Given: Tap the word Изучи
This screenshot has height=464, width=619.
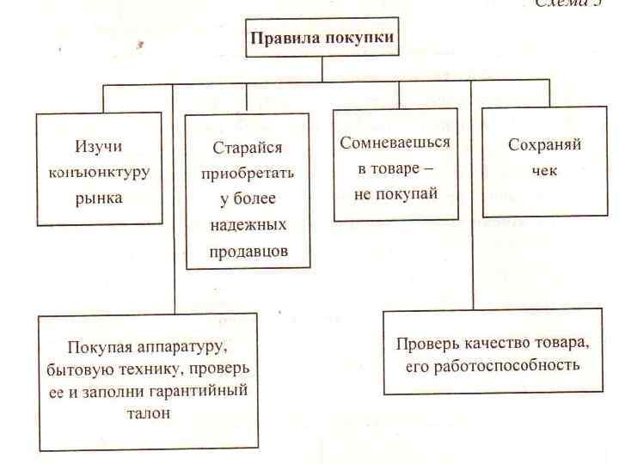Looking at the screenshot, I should [x=103, y=146].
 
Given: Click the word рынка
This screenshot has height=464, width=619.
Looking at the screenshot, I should [x=102, y=198].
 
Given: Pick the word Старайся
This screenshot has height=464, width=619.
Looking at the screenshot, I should [x=248, y=147].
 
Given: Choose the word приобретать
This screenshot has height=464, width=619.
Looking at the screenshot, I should [x=248, y=173].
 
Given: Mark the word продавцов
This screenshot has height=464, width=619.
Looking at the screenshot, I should [x=248, y=251].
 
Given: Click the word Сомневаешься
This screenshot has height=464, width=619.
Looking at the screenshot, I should [x=395, y=142].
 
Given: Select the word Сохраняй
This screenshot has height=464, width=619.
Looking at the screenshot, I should [x=544, y=144].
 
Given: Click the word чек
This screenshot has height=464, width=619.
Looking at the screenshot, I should [x=544, y=170].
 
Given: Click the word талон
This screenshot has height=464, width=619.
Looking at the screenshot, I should [x=147, y=412].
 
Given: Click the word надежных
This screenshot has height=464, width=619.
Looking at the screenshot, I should [x=248, y=225].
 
